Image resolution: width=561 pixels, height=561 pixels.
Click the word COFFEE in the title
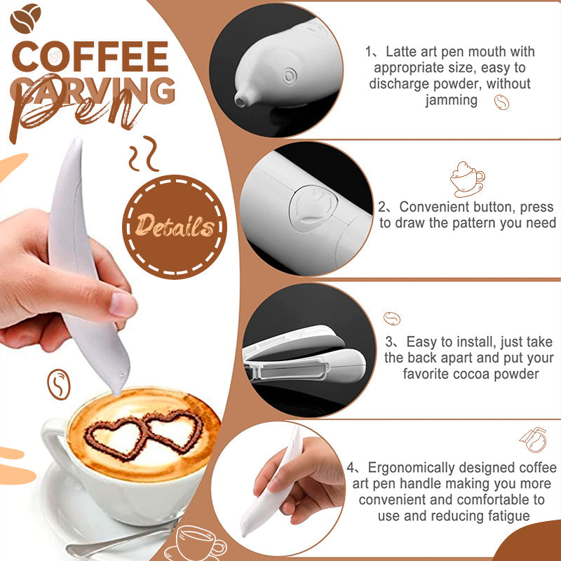click(90, 57)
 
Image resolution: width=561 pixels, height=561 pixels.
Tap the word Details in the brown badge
click(175, 225)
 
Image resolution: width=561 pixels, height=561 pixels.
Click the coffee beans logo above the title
click(25, 18)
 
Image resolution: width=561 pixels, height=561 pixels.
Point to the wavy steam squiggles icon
click(144, 153)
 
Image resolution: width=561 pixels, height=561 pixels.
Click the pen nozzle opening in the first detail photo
click(240, 101)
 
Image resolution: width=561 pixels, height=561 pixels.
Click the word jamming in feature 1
click(452, 100)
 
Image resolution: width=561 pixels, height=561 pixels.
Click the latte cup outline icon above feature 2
click(467, 179)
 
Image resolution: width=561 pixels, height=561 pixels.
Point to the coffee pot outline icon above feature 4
click(534, 440)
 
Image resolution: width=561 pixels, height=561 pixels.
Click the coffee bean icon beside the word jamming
click(501, 102)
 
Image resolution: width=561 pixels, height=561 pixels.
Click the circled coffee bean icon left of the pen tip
click(59, 384)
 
